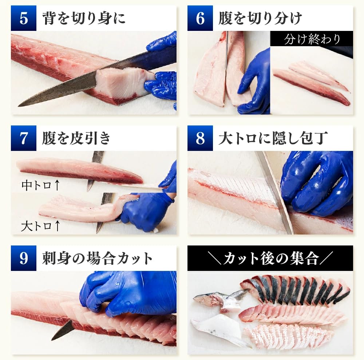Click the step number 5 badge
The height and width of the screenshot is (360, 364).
click(24, 18)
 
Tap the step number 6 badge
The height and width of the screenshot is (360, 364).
click(200, 18)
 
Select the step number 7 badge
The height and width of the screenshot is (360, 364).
click(24, 138)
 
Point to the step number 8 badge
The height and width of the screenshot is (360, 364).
click(200, 138)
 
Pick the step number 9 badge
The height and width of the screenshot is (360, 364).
click(24, 258)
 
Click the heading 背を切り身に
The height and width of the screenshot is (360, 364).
click(84, 18)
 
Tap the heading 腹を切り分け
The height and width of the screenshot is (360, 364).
click(260, 18)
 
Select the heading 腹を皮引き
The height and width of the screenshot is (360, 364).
click(76, 138)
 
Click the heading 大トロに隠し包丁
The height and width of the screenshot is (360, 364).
click(273, 138)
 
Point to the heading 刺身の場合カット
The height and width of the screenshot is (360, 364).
click(97, 258)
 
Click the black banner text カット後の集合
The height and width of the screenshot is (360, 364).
click(270, 258)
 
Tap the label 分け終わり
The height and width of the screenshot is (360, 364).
click(312, 39)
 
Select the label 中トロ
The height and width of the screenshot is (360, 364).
click(36, 185)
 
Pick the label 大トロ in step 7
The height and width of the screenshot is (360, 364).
click(36, 226)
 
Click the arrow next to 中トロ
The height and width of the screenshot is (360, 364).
click(57, 185)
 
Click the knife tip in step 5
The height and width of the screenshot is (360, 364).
click(19, 106)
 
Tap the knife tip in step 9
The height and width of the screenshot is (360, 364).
click(52, 339)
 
